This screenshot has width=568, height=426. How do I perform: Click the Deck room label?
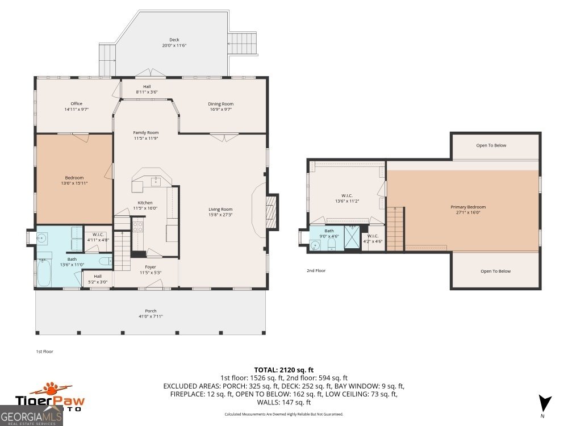pos(174,40)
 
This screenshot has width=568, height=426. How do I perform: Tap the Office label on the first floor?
pos(77,103)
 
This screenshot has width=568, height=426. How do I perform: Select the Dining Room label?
pos(220,104)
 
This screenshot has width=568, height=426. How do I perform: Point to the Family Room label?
pos(145,132)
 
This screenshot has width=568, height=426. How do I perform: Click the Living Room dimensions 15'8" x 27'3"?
pos(220,215)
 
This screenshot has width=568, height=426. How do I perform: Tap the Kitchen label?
pos(145,203)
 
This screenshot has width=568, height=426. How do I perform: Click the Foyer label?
pos(151,267)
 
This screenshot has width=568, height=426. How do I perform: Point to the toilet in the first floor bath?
pos(106,261)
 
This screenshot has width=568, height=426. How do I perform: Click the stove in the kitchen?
pos(137,227)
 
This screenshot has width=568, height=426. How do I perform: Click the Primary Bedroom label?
pos(468,207)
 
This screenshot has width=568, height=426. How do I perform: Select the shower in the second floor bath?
pos(352,237)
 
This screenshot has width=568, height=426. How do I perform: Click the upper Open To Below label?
pos(491,145)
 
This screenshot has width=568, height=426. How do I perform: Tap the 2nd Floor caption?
pos(316,270)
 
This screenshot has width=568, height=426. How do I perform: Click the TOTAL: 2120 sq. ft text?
pos(283,370)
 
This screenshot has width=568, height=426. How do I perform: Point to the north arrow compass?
pos(544,404)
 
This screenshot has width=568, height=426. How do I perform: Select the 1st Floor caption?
pos(44,352)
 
